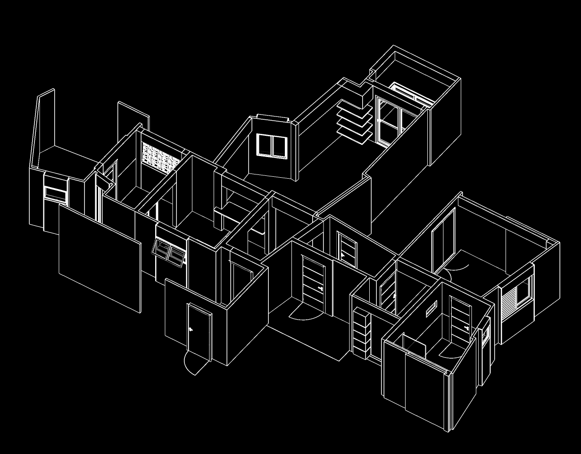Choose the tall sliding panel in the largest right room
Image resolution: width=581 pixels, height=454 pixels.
pyautogui.click(x=443, y=240)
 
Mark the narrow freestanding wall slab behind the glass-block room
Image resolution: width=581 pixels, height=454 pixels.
pyautogui.click(x=133, y=116)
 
